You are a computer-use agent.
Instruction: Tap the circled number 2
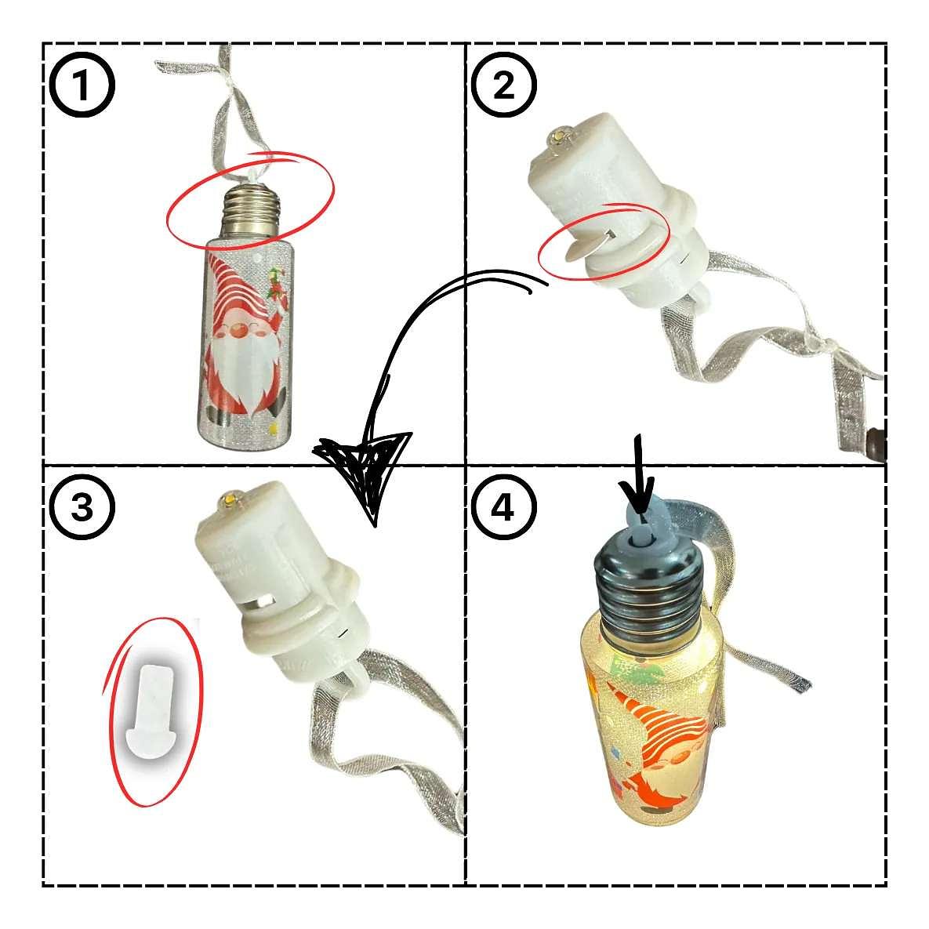(x=503, y=86)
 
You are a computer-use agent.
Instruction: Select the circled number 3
(x=82, y=507)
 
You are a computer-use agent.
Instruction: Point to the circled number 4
(x=503, y=507)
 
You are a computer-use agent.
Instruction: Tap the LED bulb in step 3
(x=229, y=501)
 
